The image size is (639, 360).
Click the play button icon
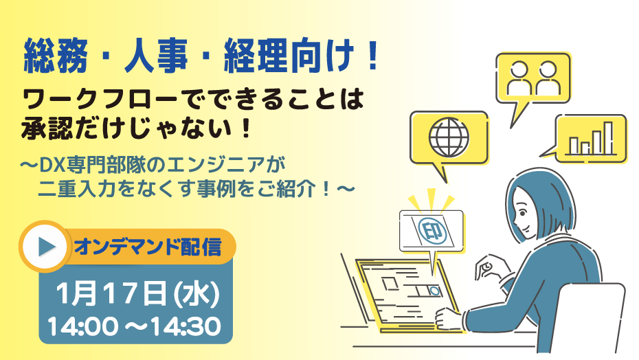[45, 247]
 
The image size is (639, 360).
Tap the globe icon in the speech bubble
[449, 137]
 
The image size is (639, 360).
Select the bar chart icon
[592, 139]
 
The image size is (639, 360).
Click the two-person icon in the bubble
[532, 78]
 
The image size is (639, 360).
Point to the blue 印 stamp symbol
[432, 231]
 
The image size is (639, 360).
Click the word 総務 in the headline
[56, 56]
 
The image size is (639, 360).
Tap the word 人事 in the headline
[156, 56]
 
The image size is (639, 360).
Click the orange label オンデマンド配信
[148, 247]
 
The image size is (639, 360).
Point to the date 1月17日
[111, 293]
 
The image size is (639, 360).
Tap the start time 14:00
[82, 326]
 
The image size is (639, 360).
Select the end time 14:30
[186, 326]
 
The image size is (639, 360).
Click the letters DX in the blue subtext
[49, 165]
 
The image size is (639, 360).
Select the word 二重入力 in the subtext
[78, 189]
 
